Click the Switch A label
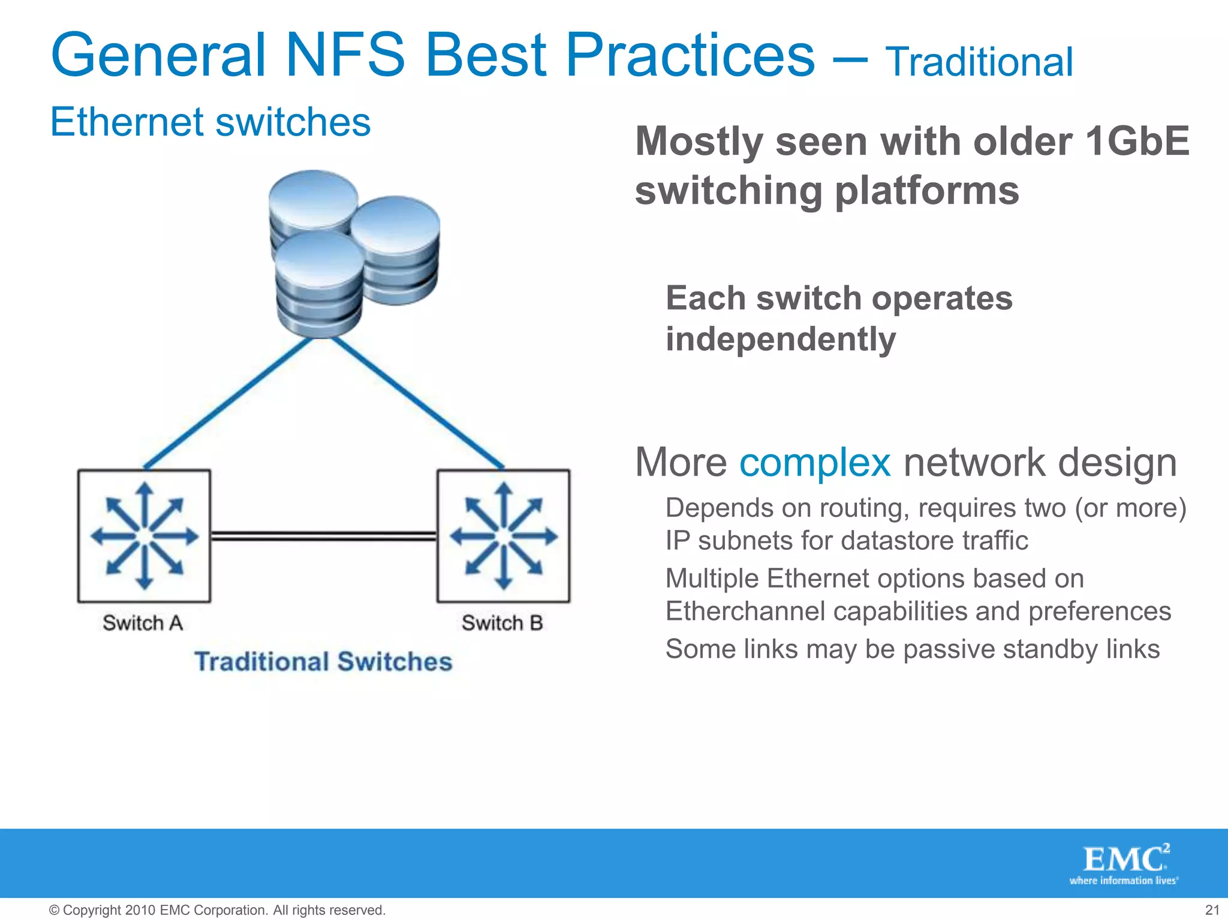pyautogui.click(x=143, y=623)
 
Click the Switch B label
pyautogui.click(x=502, y=623)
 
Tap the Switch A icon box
pyautogui.click(x=144, y=535)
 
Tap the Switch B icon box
pyautogui.click(x=504, y=535)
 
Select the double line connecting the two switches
pyautogui.click(x=324, y=535)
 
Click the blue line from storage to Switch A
pyautogui.click(x=228, y=403)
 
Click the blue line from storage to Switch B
pyautogui.click(x=418, y=403)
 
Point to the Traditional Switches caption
pyautogui.click(x=323, y=662)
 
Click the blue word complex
pyautogui.click(x=815, y=463)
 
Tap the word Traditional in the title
pyautogui.click(x=979, y=62)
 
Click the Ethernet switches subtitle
pyautogui.click(x=210, y=122)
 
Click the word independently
pyautogui.click(x=781, y=339)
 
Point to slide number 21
pyautogui.click(x=1212, y=910)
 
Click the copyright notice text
pyautogui.click(x=217, y=910)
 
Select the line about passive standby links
pyautogui.click(x=912, y=649)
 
